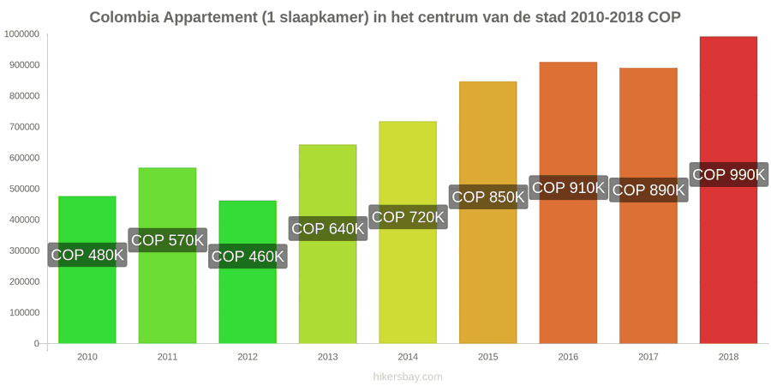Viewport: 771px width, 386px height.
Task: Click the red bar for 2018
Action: coord(728,190)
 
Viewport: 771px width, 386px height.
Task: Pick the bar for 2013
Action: coord(327,244)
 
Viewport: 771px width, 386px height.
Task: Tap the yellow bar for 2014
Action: coord(408,232)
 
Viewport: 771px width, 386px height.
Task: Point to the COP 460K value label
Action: coord(248,256)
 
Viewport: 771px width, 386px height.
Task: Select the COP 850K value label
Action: coord(488,197)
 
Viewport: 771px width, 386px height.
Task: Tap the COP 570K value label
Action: coord(168,240)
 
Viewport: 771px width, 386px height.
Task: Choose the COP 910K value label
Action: coord(569,188)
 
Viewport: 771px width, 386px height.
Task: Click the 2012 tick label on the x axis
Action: coord(248,358)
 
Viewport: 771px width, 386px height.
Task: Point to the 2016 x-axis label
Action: coord(568,358)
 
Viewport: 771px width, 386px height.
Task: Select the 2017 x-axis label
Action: coord(648,358)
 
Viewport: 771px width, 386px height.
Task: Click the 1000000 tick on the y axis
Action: coord(21,34)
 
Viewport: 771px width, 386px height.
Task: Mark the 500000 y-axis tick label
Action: coord(24,189)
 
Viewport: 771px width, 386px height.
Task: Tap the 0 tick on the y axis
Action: coord(36,344)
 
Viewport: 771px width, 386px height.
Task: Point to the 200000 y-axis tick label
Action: coord(24,281)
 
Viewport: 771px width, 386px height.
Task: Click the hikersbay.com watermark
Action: coord(408,377)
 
